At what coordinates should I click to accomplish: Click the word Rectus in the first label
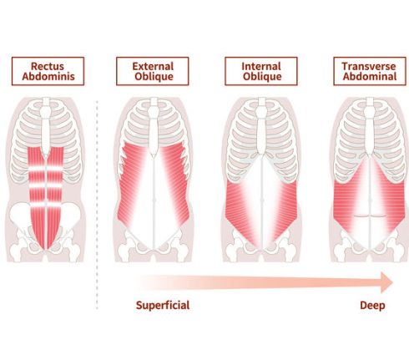pos(48,66)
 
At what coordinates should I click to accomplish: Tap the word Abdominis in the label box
pos(48,77)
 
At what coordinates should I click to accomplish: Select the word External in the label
pos(153,66)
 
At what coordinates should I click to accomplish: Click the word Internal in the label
pos(261,66)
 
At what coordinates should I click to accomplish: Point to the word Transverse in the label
pos(369,66)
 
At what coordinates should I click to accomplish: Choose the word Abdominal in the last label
pos(370,77)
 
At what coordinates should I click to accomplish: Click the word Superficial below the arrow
pos(163,306)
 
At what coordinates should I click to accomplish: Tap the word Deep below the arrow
pos(372,306)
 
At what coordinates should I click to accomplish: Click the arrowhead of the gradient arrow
pos(386,282)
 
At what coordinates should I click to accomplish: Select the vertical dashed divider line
pos(97,205)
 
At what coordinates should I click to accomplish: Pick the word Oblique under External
pos(154,77)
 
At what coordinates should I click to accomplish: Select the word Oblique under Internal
pos(262,77)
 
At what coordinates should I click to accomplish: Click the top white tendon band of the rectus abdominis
pos(46,168)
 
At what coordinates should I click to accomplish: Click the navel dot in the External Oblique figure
pos(154,200)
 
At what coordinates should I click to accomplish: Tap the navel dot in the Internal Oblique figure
pos(262,200)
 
